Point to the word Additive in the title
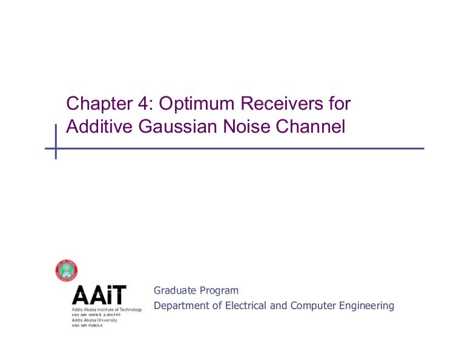coord(94,128)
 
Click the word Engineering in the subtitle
coord(366,305)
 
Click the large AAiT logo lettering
coord(99,295)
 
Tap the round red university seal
coord(66,270)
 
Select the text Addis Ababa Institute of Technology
coord(107,310)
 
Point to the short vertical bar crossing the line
coord(56,141)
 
